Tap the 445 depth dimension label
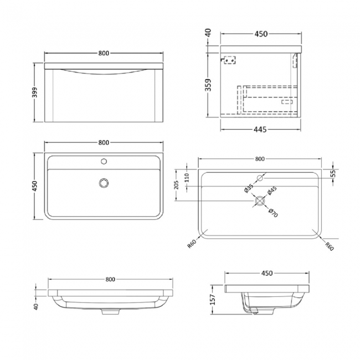[261, 130]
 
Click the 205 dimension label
[176, 184]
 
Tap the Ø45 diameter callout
[272, 191]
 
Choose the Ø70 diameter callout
[272, 212]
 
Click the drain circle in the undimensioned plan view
[102, 183]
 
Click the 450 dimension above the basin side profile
[268, 273]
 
